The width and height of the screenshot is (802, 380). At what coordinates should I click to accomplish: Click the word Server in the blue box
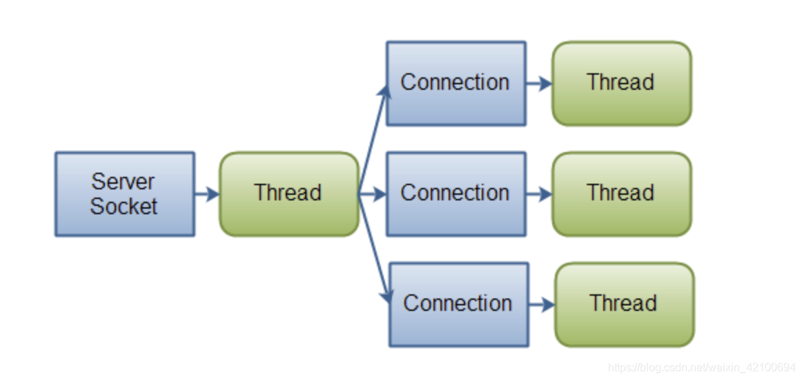click(x=124, y=182)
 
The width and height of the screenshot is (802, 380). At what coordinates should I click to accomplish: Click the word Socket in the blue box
click(x=124, y=206)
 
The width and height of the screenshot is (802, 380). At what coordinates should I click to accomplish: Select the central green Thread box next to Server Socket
click(x=288, y=193)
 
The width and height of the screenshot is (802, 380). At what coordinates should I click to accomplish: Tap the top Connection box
click(x=456, y=83)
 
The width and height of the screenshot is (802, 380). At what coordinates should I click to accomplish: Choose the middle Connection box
click(x=456, y=193)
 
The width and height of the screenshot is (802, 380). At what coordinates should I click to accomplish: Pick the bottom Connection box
click(x=458, y=304)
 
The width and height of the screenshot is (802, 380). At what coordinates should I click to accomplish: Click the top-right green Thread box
click(x=621, y=83)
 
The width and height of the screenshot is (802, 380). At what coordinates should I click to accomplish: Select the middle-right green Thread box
click(x=621, y=193)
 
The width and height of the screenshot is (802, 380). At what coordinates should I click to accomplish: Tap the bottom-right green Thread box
click(x=624, y=304)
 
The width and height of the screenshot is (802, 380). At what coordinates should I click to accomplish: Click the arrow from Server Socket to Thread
click(x=206, y=194)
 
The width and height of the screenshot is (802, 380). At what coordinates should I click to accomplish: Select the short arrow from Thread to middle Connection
click(x=373, y=194)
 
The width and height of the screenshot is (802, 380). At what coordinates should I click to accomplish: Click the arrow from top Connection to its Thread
click(x=538, y=84)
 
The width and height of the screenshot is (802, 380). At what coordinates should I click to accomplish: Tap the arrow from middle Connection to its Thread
click(x=538, y=194)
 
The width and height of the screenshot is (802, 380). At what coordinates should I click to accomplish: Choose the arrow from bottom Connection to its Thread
click(x=541, y=305)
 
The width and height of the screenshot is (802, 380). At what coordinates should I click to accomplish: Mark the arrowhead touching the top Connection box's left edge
click(x=386, y=93)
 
